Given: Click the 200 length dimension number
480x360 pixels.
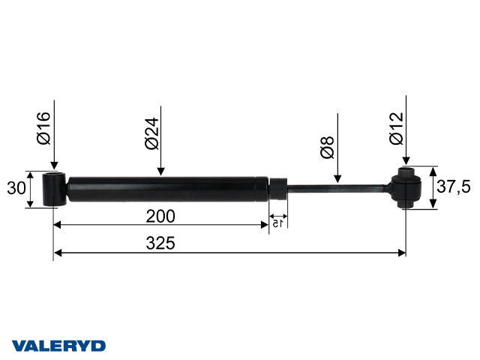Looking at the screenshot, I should point(160,216).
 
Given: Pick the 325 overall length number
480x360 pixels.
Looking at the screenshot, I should point(160,243).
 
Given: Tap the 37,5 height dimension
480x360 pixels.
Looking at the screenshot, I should point(454,187).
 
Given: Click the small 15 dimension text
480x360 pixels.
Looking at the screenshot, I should point(277,223).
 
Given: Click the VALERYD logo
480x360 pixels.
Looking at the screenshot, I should point(58,346).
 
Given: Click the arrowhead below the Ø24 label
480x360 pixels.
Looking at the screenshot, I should point(160,170).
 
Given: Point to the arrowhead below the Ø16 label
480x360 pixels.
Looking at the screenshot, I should point(54,166).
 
